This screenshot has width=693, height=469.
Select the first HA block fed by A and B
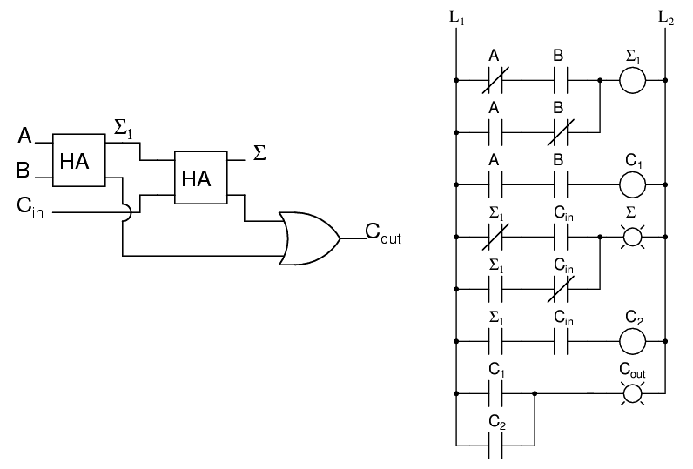(77, 159)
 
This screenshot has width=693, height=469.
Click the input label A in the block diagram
(24, 137)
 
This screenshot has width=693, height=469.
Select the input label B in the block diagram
(24, 171)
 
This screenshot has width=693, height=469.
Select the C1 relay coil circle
(633, 184)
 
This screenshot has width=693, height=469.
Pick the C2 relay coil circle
(633, 341)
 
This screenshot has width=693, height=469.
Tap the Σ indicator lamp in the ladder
(633, 237)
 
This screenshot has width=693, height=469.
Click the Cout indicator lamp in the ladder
(633, 393)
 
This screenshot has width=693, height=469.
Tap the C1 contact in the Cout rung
(494, 393)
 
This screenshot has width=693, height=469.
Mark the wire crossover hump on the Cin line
(124, 211)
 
